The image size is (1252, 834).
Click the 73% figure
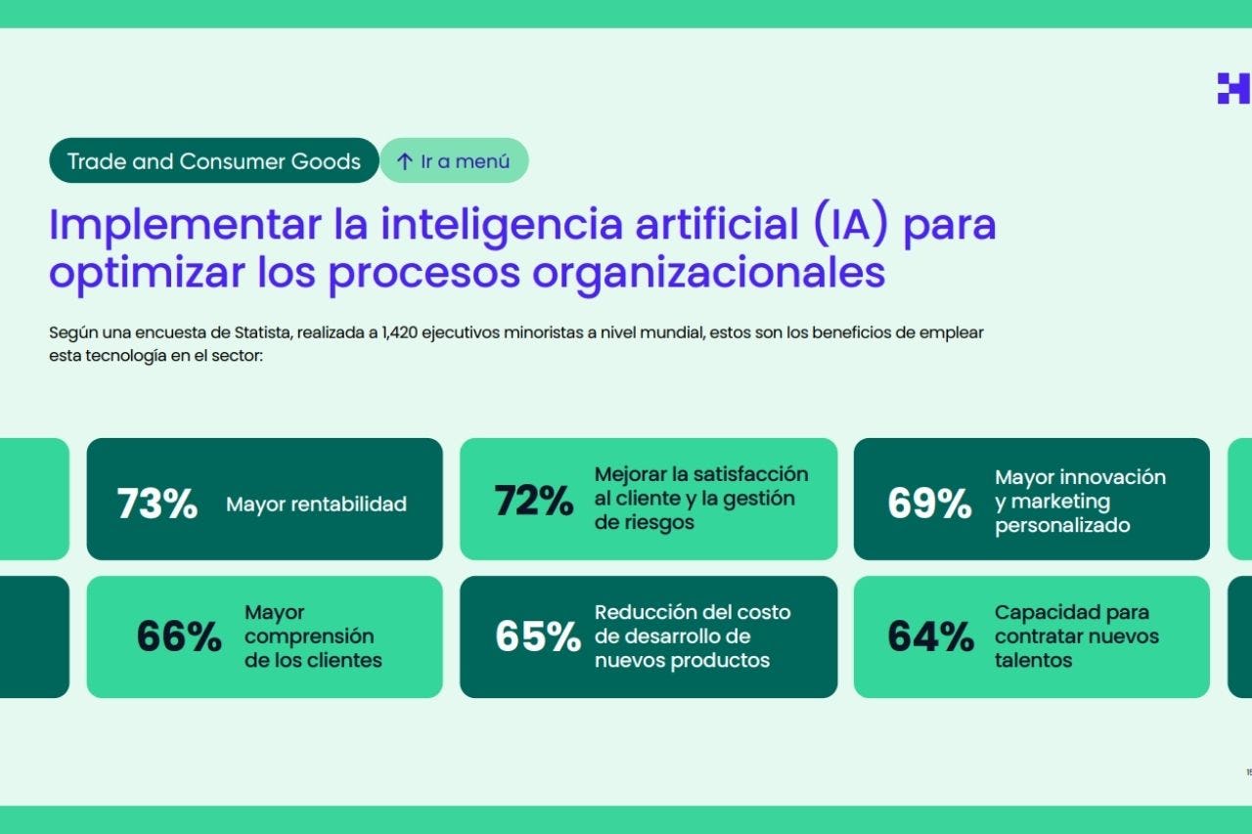[x=156, y=504]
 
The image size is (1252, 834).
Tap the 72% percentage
[x=533, y=501]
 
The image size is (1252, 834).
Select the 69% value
[x=929, y=503]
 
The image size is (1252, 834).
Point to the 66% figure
[x=179, y=636]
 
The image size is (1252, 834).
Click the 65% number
[x=537, y=636]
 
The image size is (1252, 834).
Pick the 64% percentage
[x=930, y=636]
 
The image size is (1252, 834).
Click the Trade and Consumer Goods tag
[x=213, y=161]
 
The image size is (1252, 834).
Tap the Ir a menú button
[x=455, y=161]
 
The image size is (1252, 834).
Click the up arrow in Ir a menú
[x=404, y=162]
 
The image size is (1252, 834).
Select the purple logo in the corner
[x=1232, y=88]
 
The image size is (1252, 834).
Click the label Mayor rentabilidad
[x=316, y=505]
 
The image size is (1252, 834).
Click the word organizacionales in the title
[x=708, y=273]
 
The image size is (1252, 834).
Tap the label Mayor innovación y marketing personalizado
[x=1080, y=502]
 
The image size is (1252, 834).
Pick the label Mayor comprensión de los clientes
[x=313, y=636]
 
